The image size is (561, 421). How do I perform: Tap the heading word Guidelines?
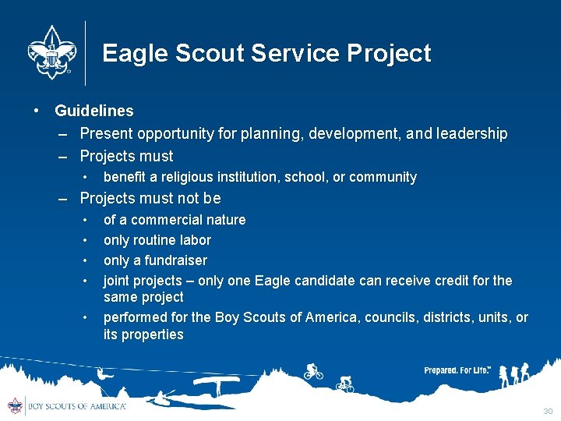(94, 111)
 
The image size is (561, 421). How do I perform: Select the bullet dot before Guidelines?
(37, 111)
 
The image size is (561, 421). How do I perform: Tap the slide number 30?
(548, 411)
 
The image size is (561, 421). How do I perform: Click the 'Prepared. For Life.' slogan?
(457, 370)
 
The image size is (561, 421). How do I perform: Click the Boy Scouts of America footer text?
(76, 406)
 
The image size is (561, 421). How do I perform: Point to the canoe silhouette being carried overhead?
(216, 381)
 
